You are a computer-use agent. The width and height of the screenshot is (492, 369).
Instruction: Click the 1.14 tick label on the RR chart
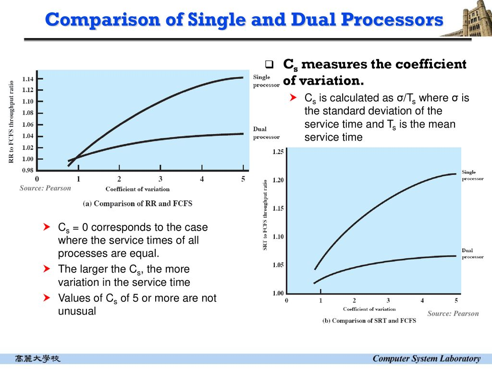coord(27,78)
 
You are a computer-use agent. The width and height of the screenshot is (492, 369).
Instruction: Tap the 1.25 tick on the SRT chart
coord(278,152)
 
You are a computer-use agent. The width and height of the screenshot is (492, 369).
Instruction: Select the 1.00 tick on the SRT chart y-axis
coord(278,293)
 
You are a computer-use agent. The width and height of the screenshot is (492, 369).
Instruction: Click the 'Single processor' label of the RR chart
coord(266,81)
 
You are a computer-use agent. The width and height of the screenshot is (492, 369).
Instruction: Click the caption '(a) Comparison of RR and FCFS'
coord(137,203)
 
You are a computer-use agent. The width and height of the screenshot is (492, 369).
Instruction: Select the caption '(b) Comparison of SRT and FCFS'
coord(369,320)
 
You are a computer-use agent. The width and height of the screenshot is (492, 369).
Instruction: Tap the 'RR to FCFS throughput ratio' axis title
coord(11,121)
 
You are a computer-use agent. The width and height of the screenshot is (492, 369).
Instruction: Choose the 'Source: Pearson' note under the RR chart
coord(45,188)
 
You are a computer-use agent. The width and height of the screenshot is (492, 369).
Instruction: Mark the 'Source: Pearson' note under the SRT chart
coord(453,314)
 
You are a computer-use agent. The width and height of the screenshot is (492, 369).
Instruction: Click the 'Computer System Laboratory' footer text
coord(427,358)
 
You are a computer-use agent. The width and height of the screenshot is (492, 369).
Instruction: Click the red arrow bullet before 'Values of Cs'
coord(47,298)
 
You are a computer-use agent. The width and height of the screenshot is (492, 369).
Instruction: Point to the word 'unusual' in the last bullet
coord(77,311)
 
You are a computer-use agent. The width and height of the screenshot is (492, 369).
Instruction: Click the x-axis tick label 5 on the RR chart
coord(243,179)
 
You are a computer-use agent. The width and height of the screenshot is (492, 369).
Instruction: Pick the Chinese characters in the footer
coord(38,358)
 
